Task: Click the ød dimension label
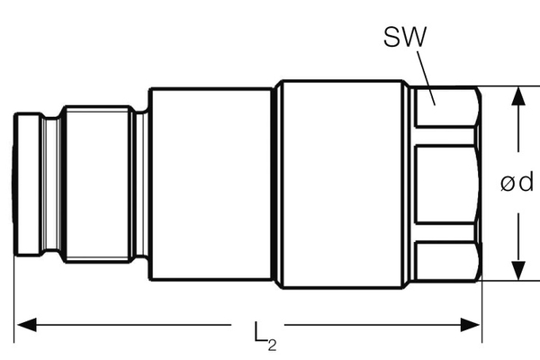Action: click(x=517, y=184)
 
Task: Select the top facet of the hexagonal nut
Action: click(x=444, y=107)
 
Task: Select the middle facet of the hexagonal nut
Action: click(x=444, y=184)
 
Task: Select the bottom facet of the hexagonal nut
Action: click(x=444, y=260)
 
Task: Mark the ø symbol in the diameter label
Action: click(x=507, y=184)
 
